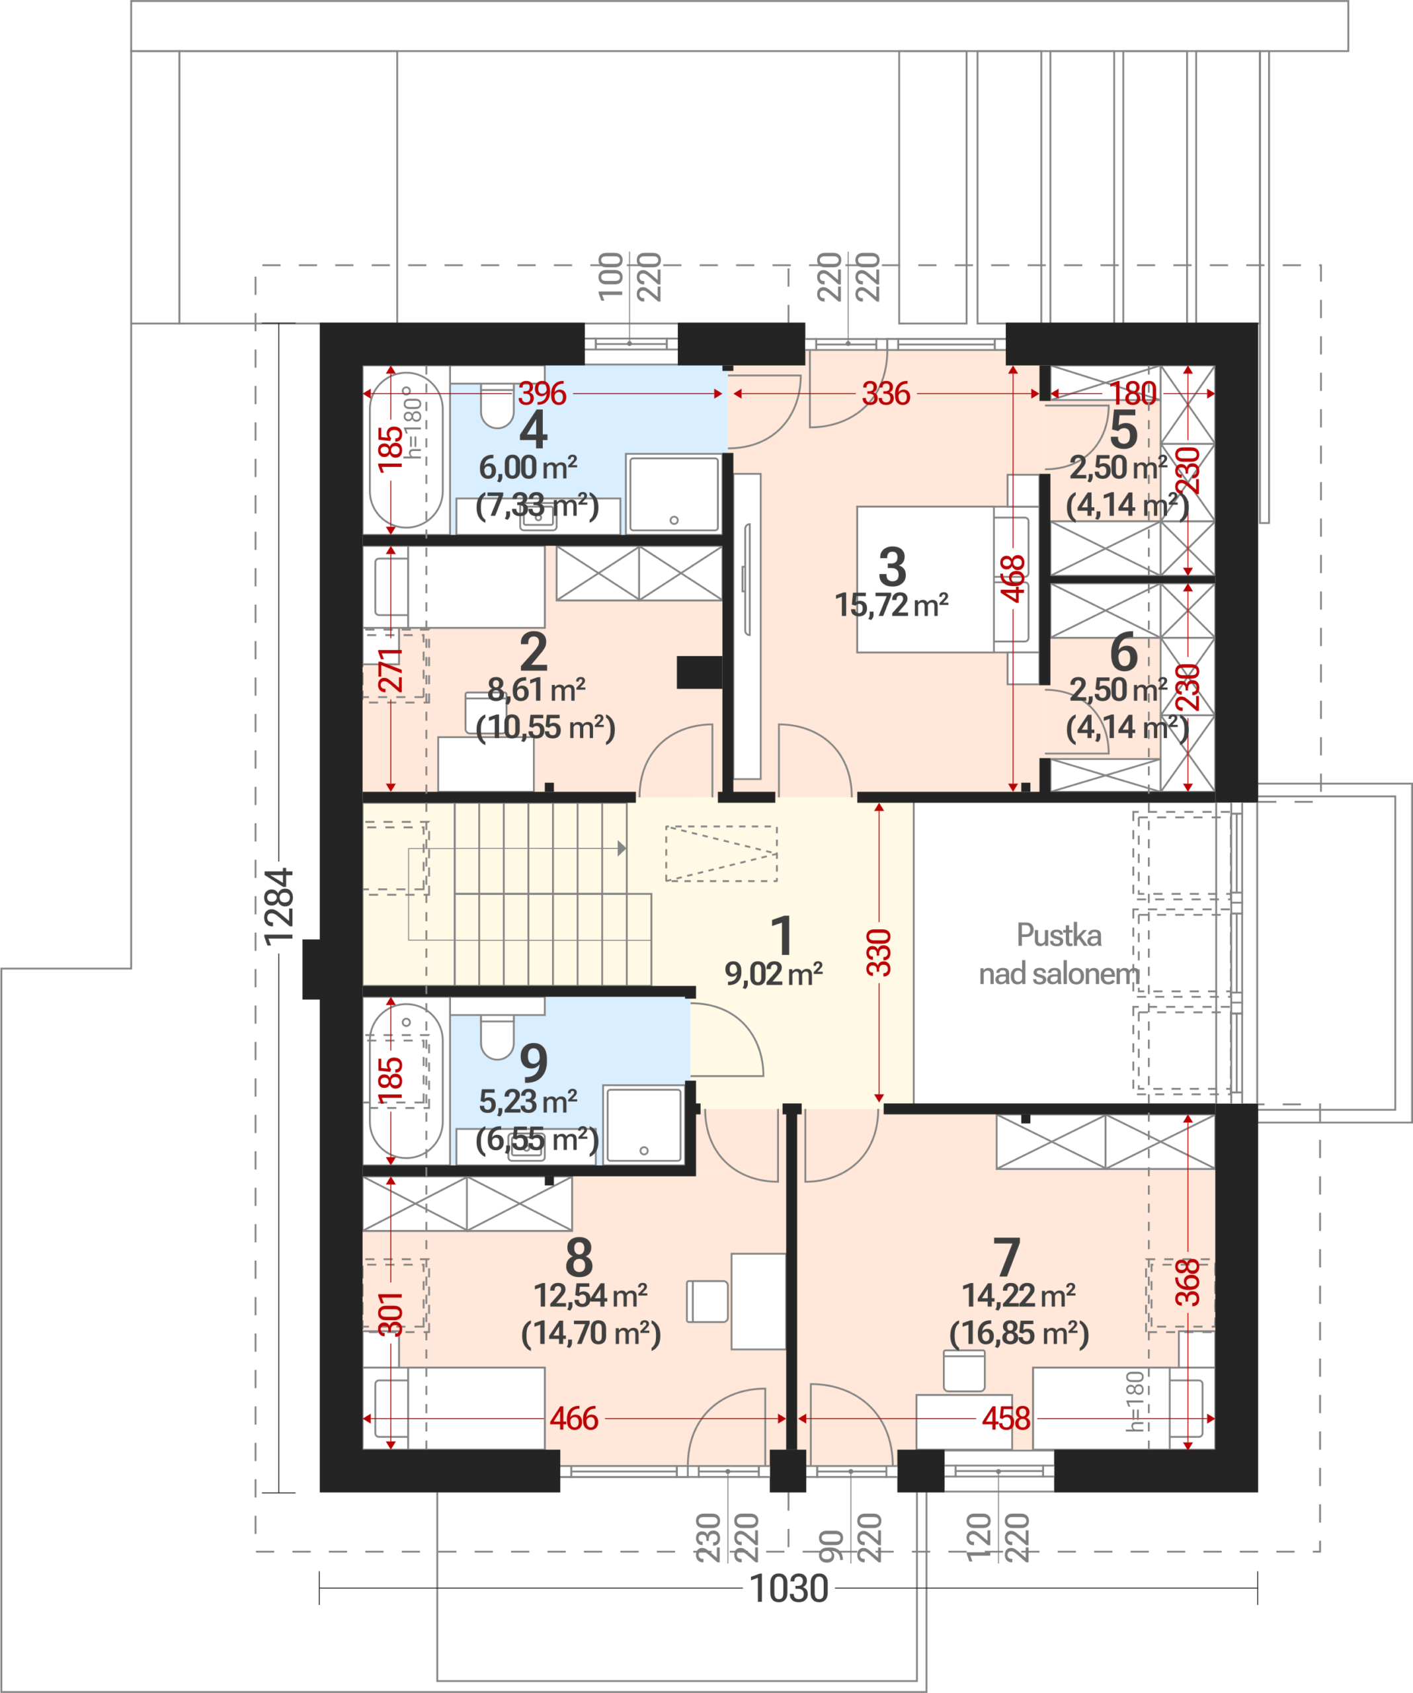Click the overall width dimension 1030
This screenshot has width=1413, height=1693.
pyautogui.click(x=788, y=1589)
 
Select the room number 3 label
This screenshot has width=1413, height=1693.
pyautogui.click(x=892, y=567)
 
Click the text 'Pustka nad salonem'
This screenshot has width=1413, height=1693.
pyautogui.click(x=1059, y=954)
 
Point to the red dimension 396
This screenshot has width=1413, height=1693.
pyautogui.click(x=542, y=393)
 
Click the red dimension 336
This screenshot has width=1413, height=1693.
pyautogui.click(x=886, y=393)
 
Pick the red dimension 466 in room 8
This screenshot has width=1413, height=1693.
pyautogui.click(x=574, y=1418)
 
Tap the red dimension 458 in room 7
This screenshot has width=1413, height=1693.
pyautogui.click(x=1006, y=1418)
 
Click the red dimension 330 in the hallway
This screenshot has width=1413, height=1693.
pyautogui.click(x=879, y=952)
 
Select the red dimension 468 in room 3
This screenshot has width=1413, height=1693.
pyautogui.click(x=1012, y=578)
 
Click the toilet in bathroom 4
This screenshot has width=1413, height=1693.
pyautogui.click(x=497, y=405)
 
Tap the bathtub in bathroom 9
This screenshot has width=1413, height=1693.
pyautogui.click(x=406, y=1081)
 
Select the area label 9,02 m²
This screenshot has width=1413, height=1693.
pyautogui.click(x=773, y=974)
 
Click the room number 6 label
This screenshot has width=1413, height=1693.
pyautogui.click(x=1123, y=651)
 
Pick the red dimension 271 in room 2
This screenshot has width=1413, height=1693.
pyautogui.click(x=390, y=670)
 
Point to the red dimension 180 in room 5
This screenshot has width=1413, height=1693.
pyautogui.click(x=1133, y=393)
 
